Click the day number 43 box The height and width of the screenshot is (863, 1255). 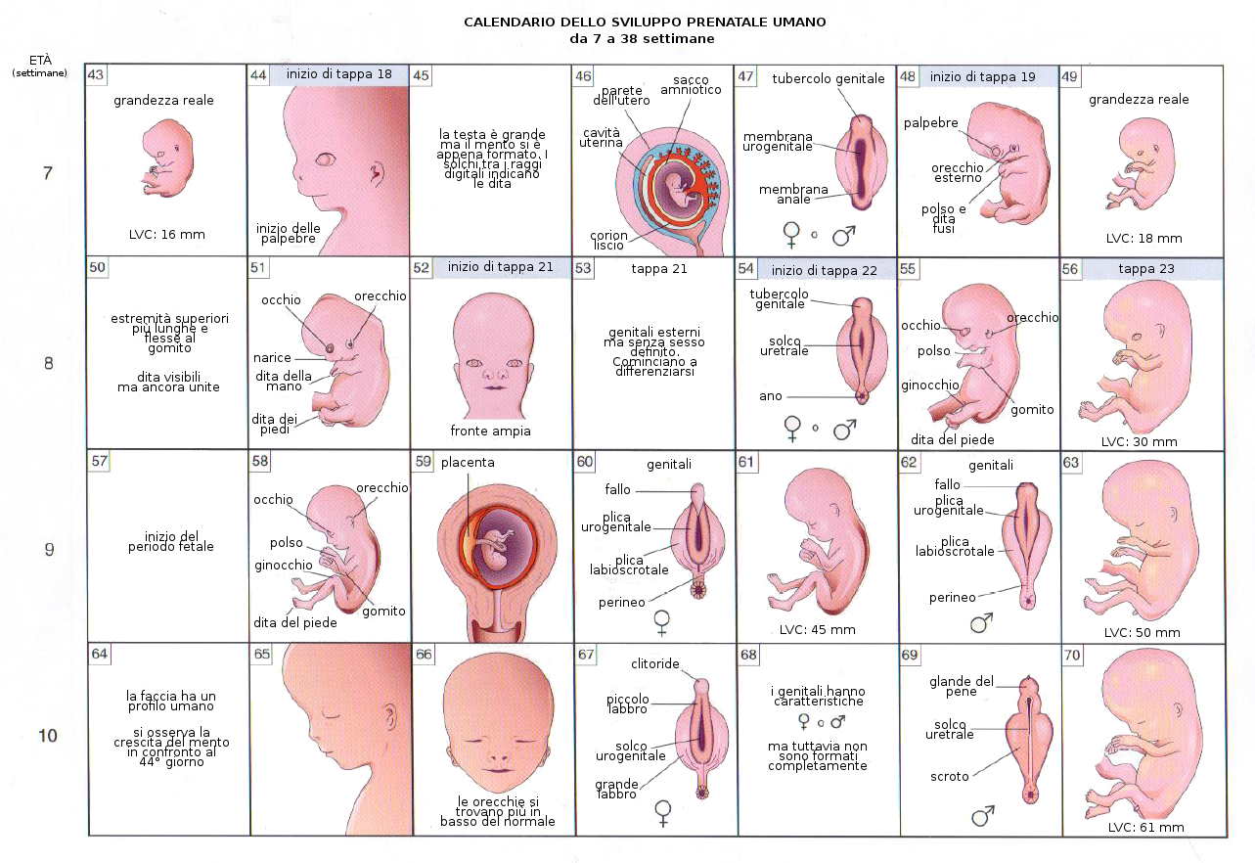(97, 75)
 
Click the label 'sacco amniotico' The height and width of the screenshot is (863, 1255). (696, 84)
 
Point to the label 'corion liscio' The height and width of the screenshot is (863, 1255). (608, 241)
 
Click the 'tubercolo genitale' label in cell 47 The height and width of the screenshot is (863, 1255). (828, 78)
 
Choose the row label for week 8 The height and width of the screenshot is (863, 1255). (48, 364)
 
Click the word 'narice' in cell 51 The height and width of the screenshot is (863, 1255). (273, 358)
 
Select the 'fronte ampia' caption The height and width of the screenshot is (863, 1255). (490, 431)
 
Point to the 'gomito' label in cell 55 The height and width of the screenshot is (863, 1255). (1032, 410)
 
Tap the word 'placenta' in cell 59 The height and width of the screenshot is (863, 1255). (468, 462)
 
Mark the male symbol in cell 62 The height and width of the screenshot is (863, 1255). (982, 622)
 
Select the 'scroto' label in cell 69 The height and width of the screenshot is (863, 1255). (950, 777)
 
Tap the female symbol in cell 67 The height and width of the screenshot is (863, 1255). (663, 811)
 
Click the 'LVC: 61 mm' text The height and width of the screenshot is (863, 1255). (1145, 828)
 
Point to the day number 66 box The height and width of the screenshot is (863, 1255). (424, 655)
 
